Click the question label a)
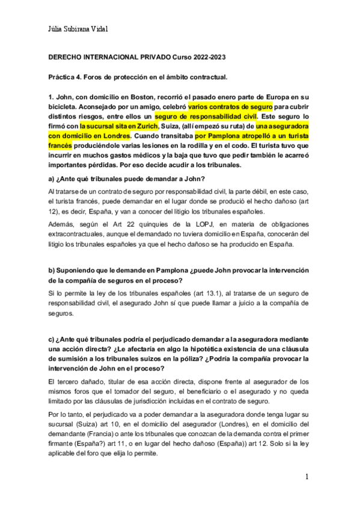tap(52, 178)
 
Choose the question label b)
tap(52, 271)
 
